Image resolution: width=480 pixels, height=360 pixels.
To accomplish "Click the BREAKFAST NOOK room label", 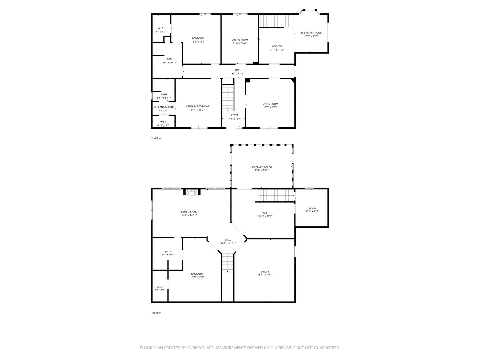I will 311,33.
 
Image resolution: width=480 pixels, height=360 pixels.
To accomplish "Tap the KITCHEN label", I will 277,46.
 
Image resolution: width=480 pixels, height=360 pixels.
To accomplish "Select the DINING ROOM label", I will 240,40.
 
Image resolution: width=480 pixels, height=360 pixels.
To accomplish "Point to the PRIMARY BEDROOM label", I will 198,106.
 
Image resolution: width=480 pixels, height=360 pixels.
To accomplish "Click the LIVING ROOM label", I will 270,104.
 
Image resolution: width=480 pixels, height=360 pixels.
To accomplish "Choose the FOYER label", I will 235,115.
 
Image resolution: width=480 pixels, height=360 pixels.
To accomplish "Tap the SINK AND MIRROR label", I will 164,107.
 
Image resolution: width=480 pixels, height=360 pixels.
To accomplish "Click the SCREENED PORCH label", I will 261,167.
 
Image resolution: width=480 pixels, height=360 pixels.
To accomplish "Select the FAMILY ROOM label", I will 189,212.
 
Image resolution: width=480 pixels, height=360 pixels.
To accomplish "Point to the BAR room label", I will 265,213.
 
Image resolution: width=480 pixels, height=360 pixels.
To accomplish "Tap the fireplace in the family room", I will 192,192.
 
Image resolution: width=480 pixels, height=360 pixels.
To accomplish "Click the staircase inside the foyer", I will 228,98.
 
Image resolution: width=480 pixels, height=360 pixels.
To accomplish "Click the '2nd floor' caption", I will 156,138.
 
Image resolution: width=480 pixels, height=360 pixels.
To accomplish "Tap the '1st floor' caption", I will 156,313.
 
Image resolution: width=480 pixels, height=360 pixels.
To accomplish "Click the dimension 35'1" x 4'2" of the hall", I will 238,74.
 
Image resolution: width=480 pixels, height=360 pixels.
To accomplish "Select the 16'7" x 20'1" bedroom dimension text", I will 197,277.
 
